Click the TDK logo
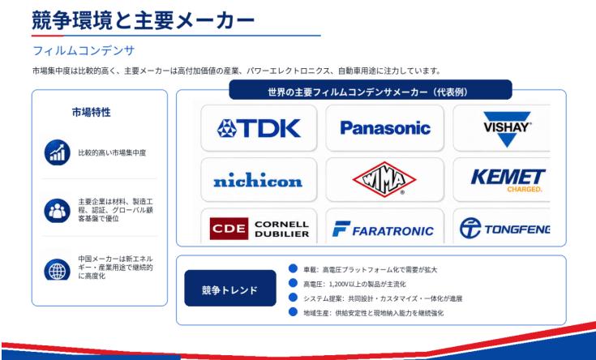click(259, 128)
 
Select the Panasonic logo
click(385, 128)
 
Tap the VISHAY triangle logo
click(507, 129)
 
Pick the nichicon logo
click(258, 180)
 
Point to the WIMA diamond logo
click(384, 179)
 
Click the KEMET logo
click(508, 180)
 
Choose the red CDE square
click(229, 229)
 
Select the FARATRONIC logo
click(383, 229)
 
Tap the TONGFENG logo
click(504, 229)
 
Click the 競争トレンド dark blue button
click(230, 288)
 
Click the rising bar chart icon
click(57, 152)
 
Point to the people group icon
click(57, 210)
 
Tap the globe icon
click(57, 269)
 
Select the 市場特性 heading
click(91, 112)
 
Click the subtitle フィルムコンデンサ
click(84, 50)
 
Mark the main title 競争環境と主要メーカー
click(144, 20)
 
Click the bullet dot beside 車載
click(293, 268)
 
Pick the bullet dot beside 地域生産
click(293, 312)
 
